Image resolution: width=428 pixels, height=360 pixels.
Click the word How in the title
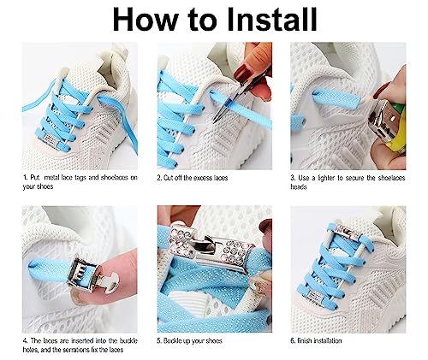point(146,19)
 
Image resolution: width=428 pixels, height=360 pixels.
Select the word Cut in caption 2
point(168,178)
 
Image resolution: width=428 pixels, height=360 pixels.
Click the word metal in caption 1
point(52,178)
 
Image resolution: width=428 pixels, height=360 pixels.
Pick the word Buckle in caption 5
point(173,341)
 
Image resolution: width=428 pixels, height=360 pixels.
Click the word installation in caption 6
point(325,341)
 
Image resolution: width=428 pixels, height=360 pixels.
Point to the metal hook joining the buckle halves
point(202,245)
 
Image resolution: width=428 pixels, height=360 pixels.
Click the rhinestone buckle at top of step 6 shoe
point(347,233)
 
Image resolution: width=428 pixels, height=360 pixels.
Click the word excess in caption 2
point(203,178)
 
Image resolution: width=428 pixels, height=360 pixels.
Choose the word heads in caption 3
point(299,187)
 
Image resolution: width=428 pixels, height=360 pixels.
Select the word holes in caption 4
point(31,350)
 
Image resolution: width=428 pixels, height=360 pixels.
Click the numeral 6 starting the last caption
point(293,341)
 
